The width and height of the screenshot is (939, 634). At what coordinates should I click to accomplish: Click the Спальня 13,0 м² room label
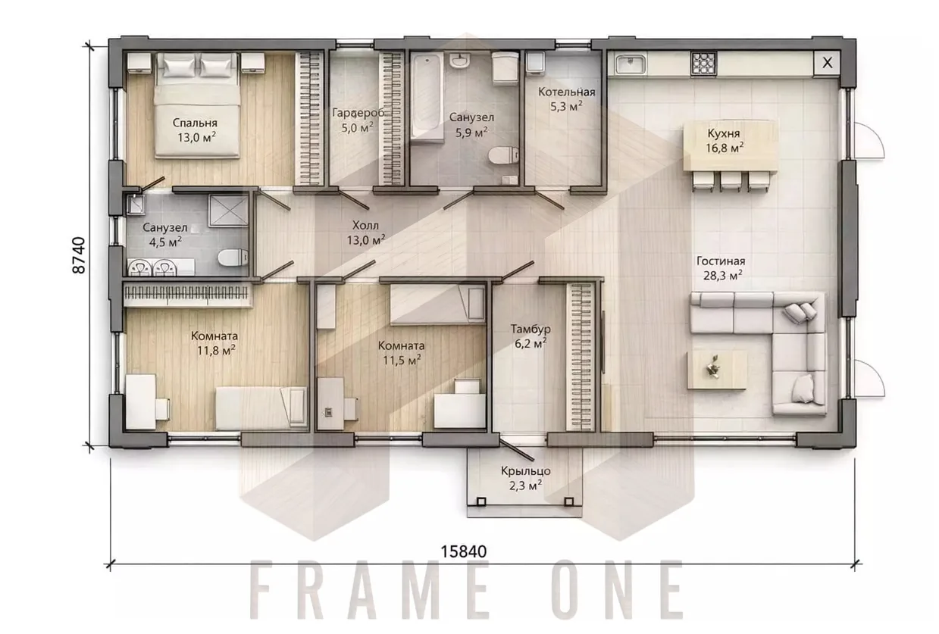click(x=196, y=130)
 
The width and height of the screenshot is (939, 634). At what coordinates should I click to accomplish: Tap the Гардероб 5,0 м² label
click(x=358, y=120)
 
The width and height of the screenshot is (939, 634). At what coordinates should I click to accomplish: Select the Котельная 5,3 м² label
click(x=567, y=99)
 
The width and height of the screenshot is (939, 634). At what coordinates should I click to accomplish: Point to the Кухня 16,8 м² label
click(x=725, y=140)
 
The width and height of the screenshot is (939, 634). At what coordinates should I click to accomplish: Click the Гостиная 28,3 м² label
click(x=721, y=268)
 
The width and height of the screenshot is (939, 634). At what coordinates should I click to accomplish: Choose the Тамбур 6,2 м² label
click(x=531, y=336)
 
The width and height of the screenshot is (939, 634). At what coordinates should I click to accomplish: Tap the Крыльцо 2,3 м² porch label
click(x=526, y=478)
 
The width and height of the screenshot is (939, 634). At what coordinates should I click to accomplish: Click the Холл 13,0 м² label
click(x=366, y=233)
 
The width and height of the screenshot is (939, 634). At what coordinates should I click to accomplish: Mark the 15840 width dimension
click(x=464, y=551)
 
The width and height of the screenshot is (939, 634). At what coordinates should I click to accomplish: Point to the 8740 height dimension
click(x=79, y=255)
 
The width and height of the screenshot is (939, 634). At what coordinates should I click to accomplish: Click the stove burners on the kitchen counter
click(x=703, y=64)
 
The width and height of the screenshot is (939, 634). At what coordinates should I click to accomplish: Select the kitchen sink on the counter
click(x=631, y=65)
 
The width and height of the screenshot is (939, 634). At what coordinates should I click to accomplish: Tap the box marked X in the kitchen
click(x=827, y=64)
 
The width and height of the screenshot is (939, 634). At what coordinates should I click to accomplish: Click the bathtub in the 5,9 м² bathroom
click(x=427, y=97)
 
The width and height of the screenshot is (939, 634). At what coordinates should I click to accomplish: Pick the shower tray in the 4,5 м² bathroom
click(x=228, y=211)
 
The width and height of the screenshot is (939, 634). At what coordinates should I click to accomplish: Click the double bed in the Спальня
click(x=197, y=105)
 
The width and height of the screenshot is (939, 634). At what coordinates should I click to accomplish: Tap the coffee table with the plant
click(x=717, y=370)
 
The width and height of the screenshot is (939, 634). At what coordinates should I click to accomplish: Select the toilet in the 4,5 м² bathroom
click(x=233, y=258)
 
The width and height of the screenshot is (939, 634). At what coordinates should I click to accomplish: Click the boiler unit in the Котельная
click(x=535, y=63)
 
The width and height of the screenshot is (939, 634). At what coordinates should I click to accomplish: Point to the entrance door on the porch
click(x=517, y=448)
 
